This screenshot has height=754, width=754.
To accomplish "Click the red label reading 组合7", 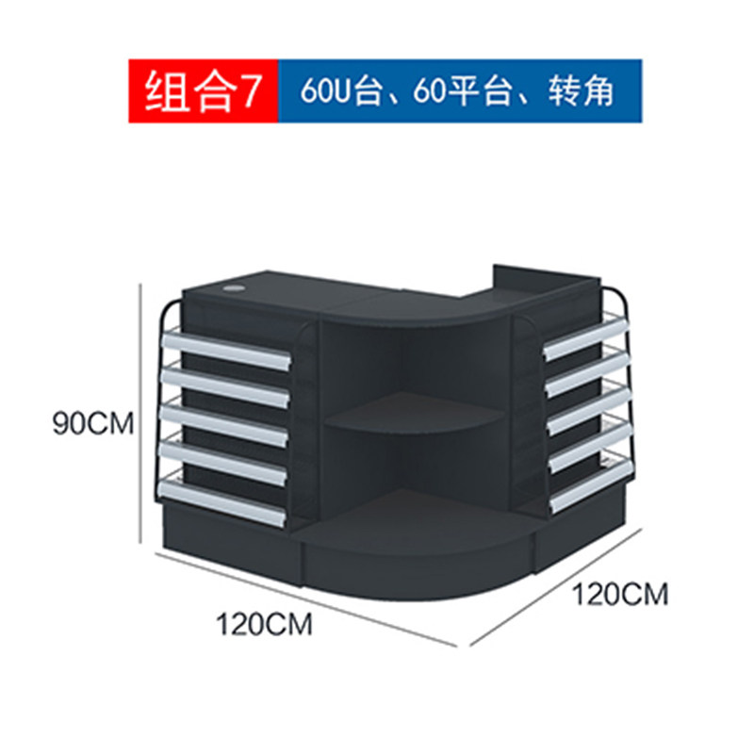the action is click(204, 91).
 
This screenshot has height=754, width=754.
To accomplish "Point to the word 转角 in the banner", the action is click(581, 90).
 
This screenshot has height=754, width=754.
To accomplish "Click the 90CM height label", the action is click(93, 423).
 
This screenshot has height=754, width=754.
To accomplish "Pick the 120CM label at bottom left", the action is click(264, 625).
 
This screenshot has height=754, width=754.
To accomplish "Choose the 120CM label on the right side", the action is click(620, 595).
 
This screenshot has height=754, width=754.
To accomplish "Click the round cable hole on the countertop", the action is click(235, 289).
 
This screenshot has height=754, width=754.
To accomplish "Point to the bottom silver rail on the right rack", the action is click(590, 486).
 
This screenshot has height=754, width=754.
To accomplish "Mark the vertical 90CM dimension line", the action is click(140, 414).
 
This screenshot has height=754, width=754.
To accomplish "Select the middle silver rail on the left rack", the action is click(224, 427).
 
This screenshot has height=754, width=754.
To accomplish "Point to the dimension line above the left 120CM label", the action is click(305, 599).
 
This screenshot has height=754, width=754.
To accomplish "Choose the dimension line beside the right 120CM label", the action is click(556, 586).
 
